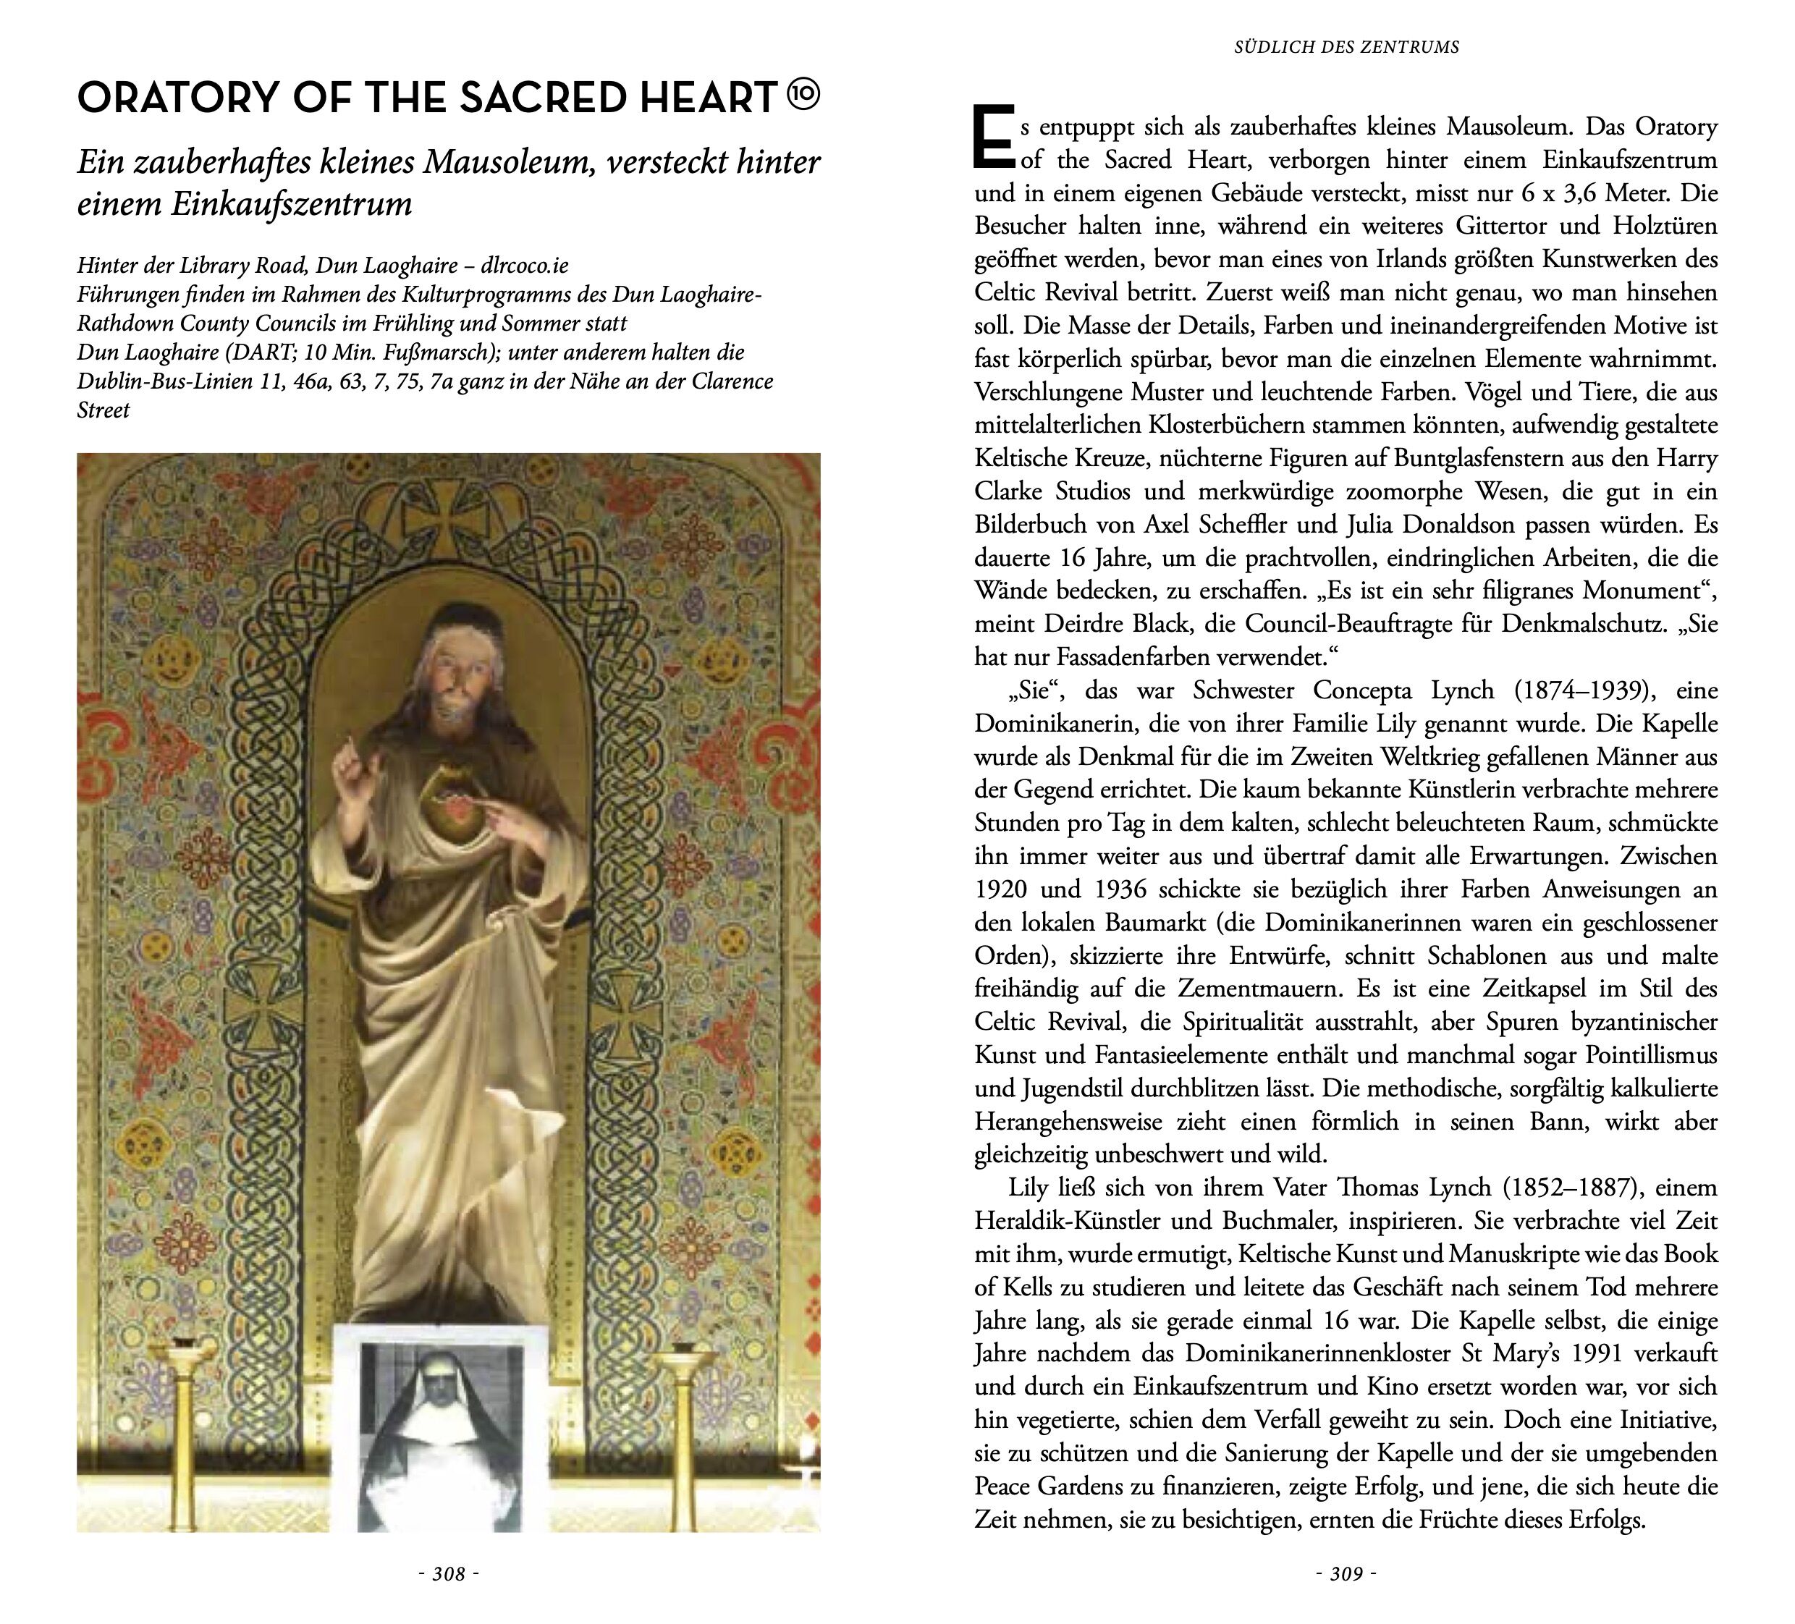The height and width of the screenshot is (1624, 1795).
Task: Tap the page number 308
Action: point(449,1574)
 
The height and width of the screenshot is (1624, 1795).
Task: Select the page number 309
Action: point(1346,1574)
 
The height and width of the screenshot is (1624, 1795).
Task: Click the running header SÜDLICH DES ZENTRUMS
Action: point(1346,47)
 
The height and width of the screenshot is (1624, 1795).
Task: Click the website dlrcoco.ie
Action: point(525,266)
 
